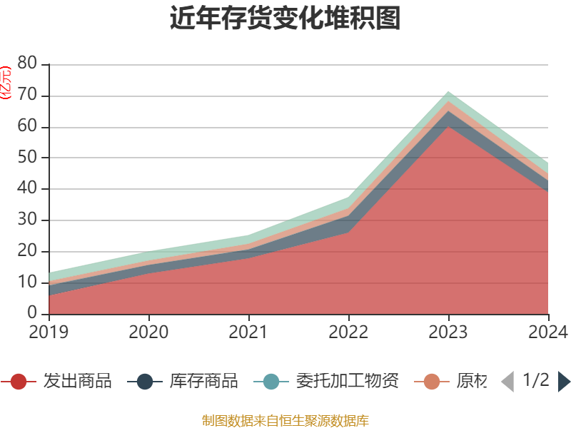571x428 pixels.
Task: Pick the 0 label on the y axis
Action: point(33,314)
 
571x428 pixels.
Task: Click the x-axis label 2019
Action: point(49,332)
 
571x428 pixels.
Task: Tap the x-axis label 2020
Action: point(148,332)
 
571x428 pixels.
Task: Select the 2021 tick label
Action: point(248,332)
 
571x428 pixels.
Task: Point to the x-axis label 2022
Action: point(348,332)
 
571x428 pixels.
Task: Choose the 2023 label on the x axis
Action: point(448,332)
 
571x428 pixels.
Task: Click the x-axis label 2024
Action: point(547,332)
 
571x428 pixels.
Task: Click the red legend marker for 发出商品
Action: point(19,382)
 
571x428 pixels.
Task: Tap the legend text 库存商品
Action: point(203,382)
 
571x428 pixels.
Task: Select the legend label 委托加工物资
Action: point(347,382)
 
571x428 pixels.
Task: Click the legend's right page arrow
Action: point(564,382)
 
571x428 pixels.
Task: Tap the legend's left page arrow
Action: point(507,382)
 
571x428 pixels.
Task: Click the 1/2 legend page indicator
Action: point(535,380)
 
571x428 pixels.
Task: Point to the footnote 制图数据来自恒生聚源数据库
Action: point(285,420)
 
